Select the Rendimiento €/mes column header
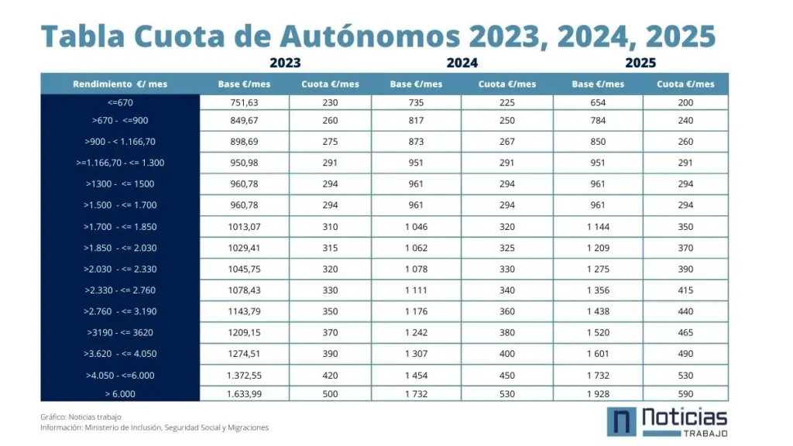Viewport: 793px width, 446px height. coord(120,84)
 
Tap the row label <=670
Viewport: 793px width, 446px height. coord(120,103)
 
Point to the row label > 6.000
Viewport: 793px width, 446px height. coord(120,394)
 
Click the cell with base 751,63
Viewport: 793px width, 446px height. coord(244,103)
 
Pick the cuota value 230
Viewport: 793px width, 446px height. coord(331,103)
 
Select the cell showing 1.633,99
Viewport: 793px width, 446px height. coord(244,394)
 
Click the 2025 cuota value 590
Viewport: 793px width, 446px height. coord(685,394)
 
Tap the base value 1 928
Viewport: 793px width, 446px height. coord(598,394)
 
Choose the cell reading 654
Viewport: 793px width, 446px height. coord(598,103)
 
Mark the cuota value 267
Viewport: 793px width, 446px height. coord(506,142)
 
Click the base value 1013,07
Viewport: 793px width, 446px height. coord(244,227)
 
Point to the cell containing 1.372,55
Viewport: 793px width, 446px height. coord(244,376)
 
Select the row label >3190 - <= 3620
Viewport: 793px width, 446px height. coord(120,333)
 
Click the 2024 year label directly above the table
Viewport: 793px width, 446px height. coord(462,63)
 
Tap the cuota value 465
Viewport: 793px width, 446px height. coord(685,333)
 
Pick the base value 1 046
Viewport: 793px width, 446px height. coord(417,227)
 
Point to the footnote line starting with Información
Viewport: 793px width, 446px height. coord(155,427)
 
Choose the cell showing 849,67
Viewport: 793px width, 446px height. coord(244,121)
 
